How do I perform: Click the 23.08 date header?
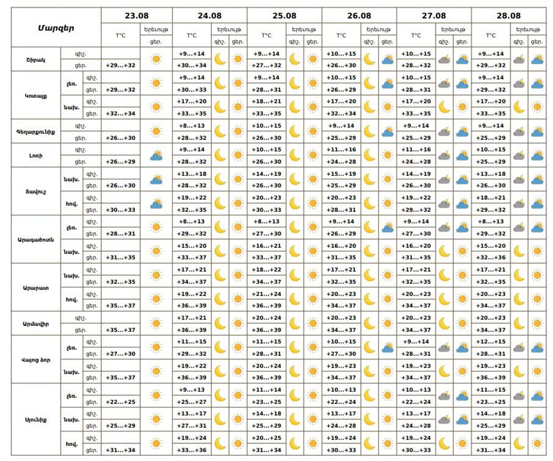coord(137,16)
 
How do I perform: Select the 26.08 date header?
coord(359,16)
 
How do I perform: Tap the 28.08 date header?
coord(508,16)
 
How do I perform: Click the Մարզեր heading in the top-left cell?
coord(56,28)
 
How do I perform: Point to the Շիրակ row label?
coord(36,60)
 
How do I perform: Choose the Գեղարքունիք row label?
coord(36,132)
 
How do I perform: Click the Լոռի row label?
coord(36,156)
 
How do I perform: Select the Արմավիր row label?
coord(36,324)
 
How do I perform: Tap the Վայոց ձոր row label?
coord(36,360)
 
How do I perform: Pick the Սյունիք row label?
coord(36,420)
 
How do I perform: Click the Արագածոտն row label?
coord(36,240)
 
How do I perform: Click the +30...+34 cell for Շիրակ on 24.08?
coord(192,65)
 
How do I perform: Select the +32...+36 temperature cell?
coord(490,258)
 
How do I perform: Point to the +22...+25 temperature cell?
coord(120,402)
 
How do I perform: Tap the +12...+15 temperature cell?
coord(490,342)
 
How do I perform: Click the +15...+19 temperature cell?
coord(341,174)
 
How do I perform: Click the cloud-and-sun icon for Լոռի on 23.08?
coord(156,156)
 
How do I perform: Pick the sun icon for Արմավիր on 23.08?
coord(156,323)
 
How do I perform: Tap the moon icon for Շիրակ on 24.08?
coord(220,59)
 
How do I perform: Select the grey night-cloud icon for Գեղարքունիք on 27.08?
coord(444,132)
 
